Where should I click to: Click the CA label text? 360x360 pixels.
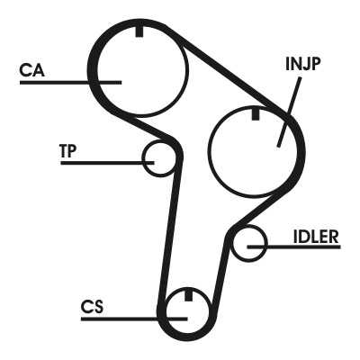(31, 70)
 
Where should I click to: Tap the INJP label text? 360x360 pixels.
(303, 64)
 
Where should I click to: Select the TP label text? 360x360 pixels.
(68, 151)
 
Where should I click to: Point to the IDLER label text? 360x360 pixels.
(316, 237)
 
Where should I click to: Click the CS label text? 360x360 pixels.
(92, 307)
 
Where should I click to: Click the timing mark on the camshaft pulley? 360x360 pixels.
(139, 31)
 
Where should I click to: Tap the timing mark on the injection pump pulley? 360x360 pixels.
(255, 114)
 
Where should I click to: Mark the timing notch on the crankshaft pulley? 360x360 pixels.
(188, 295)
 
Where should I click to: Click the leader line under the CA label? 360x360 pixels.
(71, 82)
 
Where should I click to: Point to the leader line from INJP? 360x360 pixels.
(289, 112)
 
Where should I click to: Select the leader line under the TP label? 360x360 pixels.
(107, 163)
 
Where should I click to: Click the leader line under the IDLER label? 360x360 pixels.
(293, 247)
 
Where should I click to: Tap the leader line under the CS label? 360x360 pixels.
(134, 319)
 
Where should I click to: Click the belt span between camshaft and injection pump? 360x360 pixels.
(231, 73)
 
